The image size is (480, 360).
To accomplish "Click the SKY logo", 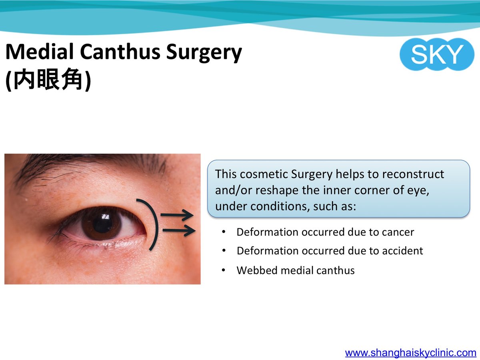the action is pos(437,54).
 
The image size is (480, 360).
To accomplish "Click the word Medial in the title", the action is pos(39,52).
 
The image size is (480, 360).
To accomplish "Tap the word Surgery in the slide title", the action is pos(204,53).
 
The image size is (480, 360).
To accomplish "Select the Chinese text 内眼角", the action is pos(48,79).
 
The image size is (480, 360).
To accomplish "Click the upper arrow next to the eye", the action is pos(177,215).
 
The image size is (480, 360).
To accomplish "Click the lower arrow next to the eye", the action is pos(179,230).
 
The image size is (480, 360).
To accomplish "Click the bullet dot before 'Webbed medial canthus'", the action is pos(223,270).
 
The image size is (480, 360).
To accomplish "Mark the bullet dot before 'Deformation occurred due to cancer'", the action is pos(223,232).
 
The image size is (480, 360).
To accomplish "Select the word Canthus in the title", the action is pos(120,52).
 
